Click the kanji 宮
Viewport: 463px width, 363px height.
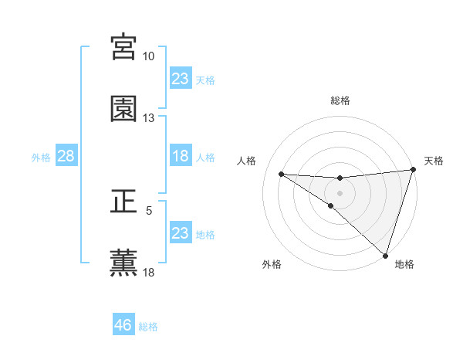(x=123, y=47)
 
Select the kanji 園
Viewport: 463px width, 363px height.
(x=123, y=109)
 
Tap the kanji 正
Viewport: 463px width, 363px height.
(x=123, y=202)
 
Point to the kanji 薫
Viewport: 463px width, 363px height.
(x=123, y=263)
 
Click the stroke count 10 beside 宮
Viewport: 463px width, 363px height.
(x=149, y=56)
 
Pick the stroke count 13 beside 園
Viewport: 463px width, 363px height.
(x=149, y=118)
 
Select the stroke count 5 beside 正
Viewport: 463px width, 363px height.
(x=149, y=210)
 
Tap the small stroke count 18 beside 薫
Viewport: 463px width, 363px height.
(x=149, y=272)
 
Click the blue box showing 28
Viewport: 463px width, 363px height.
(x=66, y=157)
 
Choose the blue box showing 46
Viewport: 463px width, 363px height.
(x=123, y=326)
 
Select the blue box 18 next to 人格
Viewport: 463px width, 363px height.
(x=181, y=157)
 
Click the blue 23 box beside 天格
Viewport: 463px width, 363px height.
(x=181, y=79)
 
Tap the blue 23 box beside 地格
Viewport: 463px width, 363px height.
(x=181, y=233)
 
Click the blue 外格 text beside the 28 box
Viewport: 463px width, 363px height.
(x=41, y=158)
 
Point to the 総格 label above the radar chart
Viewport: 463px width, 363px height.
(x=340, y=100)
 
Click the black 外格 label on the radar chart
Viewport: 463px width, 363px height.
(x=272, y=264)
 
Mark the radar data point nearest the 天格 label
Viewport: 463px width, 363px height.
(x=413, y=170)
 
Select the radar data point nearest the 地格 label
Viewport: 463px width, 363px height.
(x=386, y=256)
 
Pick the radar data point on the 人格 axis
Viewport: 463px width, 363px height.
(x=281, y=174)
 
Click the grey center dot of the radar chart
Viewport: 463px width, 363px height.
(x=340, y=192)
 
